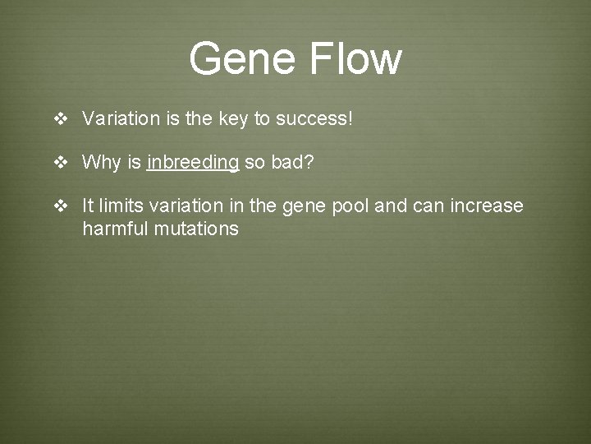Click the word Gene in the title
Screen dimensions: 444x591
243,59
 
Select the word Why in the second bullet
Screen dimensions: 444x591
101,163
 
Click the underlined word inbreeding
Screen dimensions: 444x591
193,163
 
